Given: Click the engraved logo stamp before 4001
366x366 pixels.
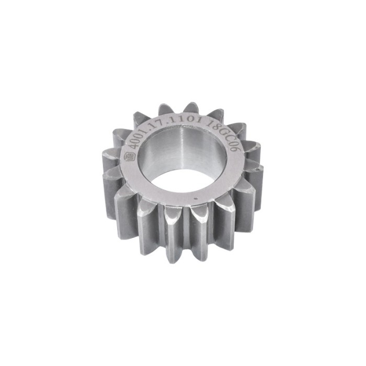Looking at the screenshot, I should [127, 154].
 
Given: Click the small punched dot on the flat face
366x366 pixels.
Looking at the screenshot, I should [195, 199].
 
